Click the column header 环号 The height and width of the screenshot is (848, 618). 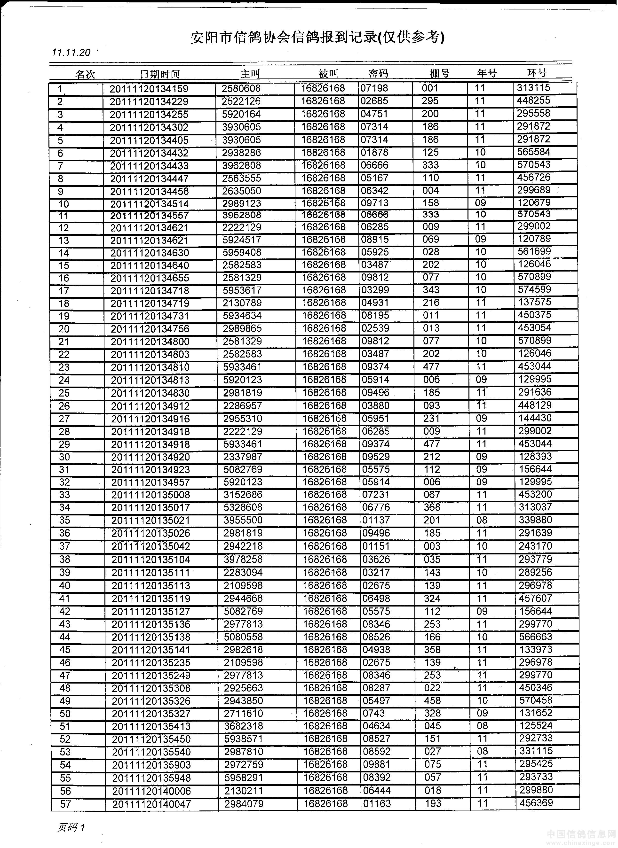coord(537,73)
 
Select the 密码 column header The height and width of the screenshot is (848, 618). coord(378,73)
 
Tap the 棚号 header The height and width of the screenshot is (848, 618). coord(440,73)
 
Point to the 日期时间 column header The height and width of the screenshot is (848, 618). coord(160,74)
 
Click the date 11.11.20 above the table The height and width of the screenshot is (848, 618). coord(71,52)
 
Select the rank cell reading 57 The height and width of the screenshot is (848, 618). coord(65,804)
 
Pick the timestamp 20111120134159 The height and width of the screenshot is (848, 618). coord(149,89)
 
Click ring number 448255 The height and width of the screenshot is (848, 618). coord(533,101)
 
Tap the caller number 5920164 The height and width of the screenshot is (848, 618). coord(241,114)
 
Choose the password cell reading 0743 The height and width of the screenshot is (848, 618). coord(373,713)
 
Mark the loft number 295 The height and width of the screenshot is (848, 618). coord(430,101)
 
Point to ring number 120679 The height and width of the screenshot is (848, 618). coord(534,203)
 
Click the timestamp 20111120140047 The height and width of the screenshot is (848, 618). coord(151,804)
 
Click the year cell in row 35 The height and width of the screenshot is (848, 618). coord(482,520)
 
